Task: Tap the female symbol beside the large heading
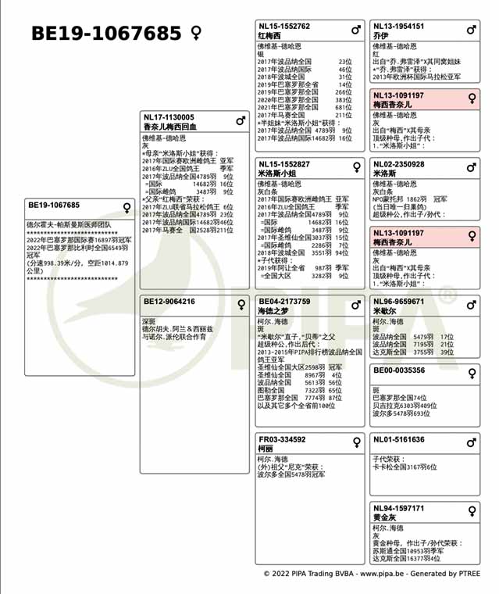pyautogui.click(x=197, y=34)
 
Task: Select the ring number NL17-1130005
pyautogui.click(x=169, y=117)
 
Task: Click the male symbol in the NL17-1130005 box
pyautogui.click(x=241, y=120)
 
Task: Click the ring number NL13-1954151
pyautogui.click(x=399, y=27)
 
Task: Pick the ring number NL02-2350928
pyautogui.click(x=399, y=164)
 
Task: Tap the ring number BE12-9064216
pyautogui.click(x=169, y=302)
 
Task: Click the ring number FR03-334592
pyautogui.click(x=282, y=439)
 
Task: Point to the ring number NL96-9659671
pyautogui.click(x=399, y=302)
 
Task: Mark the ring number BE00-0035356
pyautogui.click(x=399, y=370)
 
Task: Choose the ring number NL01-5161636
pyautogui.click(x=399, y=439)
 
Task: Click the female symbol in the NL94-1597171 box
pyautogui.click(x=472, y=511)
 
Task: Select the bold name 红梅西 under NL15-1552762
pyautogui.click(x=269, y=36)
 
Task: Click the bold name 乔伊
pyautogui.click(x=380, y=36)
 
